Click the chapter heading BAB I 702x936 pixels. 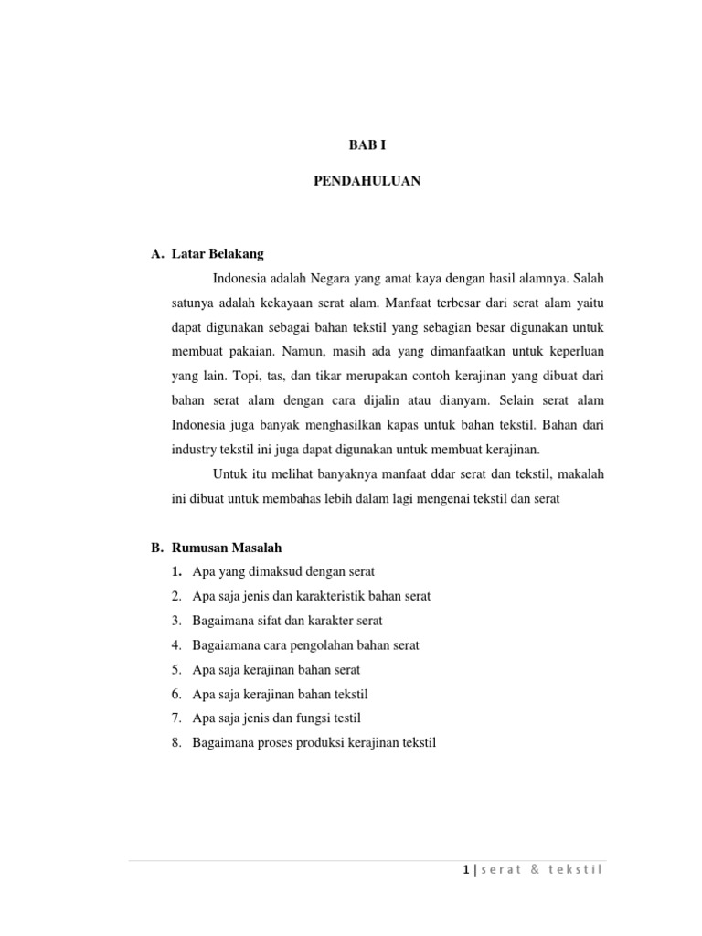tap(367, 145)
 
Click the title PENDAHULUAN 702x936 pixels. tap(367, 181)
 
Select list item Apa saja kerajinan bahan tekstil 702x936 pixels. tap(280, 694)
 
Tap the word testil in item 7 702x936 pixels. tap(356, 718)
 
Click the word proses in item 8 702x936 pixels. tap(282, 743)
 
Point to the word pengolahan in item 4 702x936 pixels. tap(327, 645)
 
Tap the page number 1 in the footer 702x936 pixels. tap(465, 869)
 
